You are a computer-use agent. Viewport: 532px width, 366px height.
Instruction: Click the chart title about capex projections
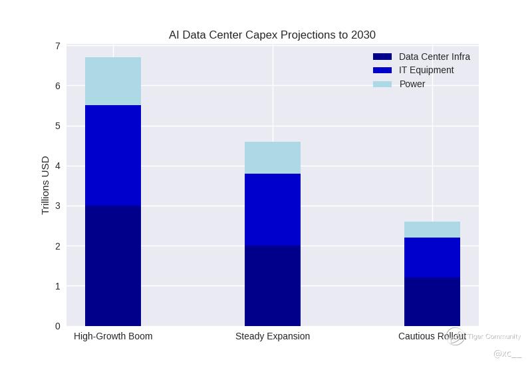click(272, 35)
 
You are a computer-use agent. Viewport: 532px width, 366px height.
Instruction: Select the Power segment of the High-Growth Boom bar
click(113, 81)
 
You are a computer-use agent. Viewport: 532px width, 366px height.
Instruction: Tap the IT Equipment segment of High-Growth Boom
click(113, 156)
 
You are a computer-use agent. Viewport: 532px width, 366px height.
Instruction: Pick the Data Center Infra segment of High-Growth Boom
click(113, 266)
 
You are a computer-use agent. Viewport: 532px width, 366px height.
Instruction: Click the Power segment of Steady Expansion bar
click(273, 158)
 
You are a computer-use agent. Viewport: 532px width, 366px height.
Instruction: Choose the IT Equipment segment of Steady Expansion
click(273, 210)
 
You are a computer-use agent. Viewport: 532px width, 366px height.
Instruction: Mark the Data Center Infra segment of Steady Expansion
click(273, 285)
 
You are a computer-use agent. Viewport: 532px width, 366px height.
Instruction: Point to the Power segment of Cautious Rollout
click(432, 230)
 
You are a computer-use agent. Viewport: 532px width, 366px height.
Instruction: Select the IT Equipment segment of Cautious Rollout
click(432, 258)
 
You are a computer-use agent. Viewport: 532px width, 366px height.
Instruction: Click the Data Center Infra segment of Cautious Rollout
click(432, 301)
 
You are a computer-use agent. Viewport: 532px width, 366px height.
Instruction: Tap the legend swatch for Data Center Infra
click(382, 57)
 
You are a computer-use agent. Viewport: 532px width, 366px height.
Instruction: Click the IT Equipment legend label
click(426, 70)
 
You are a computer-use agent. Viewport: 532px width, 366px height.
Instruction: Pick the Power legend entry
click(412, 84)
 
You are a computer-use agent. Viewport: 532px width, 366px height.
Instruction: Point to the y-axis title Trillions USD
click(46, 185)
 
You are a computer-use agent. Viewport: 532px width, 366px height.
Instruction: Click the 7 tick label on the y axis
click(58, 46)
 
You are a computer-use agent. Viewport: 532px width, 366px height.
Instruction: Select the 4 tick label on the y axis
click(58, 166)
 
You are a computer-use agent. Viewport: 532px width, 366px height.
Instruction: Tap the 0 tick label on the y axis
click(58, 326)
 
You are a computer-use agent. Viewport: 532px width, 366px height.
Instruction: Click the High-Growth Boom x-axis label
click(113, 336)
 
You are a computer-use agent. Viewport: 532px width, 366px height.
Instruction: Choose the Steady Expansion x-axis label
click(273, 336)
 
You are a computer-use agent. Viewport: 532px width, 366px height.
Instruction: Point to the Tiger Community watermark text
click(494, 337)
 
